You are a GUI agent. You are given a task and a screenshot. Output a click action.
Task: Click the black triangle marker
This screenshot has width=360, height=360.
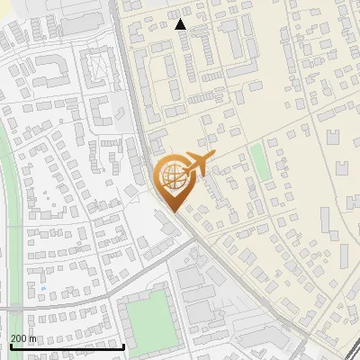tap(181, 24)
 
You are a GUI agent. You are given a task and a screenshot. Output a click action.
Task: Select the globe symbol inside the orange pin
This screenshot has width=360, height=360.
tap(174, 178)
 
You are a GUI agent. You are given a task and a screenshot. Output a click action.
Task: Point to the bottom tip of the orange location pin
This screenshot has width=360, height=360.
tap(174, 211)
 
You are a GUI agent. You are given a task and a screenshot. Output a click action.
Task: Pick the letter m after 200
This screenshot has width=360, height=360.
tap(34, 338)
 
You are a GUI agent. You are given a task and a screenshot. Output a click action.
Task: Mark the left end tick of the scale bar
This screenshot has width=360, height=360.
tap(11, 345)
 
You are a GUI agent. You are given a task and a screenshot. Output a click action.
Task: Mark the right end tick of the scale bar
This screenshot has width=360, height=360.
tap(123, 345)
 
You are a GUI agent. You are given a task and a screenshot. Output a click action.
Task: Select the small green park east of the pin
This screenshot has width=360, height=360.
tap(259, 161)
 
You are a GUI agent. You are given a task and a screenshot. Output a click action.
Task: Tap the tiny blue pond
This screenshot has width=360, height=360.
tap(41, 288)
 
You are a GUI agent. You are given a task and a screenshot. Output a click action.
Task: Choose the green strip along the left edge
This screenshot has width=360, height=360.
tap(11, 225)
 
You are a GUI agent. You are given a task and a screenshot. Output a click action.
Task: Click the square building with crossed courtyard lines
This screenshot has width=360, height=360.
tap(96, 67)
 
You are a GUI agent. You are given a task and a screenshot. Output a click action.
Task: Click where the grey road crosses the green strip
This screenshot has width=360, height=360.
tap(11, 310)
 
